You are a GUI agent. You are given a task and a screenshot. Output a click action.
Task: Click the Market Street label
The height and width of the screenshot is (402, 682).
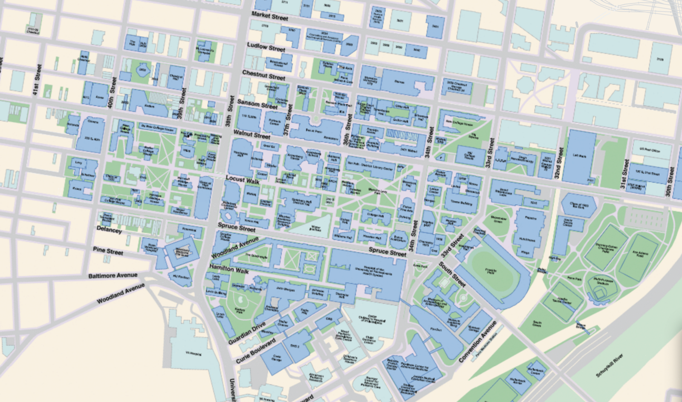pyautogui.click(x=269, y=16)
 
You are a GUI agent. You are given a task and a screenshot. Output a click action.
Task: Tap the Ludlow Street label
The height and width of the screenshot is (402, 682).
pyautogui.click(x=266, y=47)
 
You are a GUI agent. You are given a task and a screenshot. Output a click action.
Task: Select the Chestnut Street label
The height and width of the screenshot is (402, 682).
pyautogui.click(x=263, y=75)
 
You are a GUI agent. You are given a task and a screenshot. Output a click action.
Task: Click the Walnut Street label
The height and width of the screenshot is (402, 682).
pyautogui.click(x=251, y=135)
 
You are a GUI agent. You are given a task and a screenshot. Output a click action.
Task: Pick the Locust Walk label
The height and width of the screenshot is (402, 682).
pyautogui.click(x=243, y=180)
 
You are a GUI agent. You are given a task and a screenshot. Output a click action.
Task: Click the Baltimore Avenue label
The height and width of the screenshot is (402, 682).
pyautogui.click(x=113, y=276)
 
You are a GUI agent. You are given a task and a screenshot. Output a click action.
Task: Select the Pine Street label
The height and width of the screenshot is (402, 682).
pyautogui.click(x=108, y=251)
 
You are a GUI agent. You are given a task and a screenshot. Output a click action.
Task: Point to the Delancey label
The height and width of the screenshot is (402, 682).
pyautogui.click(x=109, y=230)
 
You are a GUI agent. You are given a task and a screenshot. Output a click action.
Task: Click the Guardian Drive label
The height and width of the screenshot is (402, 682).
pyautogui.click(x=247, y=334)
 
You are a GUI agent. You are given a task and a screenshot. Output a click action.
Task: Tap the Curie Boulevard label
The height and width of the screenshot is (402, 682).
pyautogui.click(x=256, y=351)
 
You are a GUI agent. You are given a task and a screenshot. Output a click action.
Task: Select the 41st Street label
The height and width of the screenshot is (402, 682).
pyautogui.click(x=37, y=80)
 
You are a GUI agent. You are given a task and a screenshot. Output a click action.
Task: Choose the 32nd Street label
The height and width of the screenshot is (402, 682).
pyautogui.click(x=558, y=163)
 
